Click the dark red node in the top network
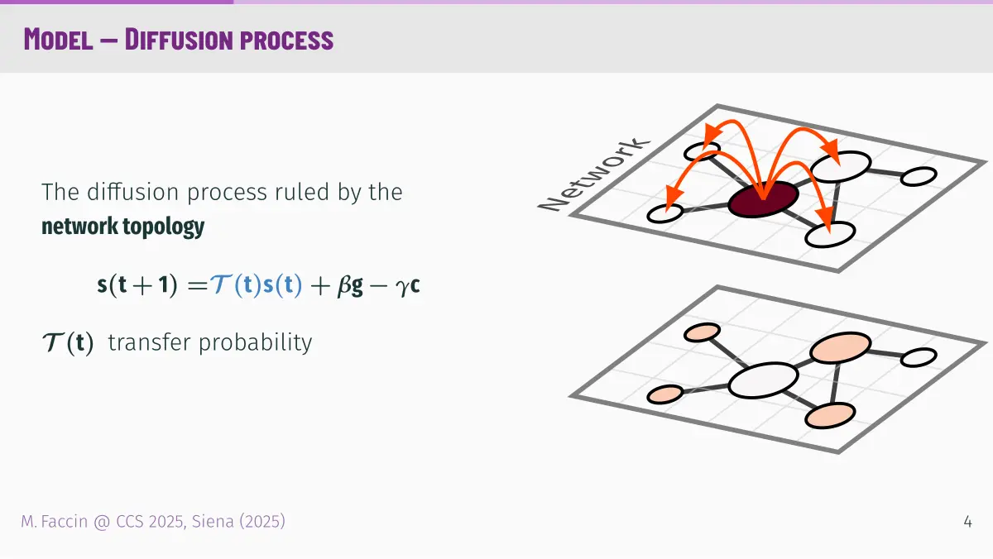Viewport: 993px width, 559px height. tap(763, 199)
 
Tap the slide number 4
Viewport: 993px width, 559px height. tap(967, 522)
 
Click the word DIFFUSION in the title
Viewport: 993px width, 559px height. tap(179, 40)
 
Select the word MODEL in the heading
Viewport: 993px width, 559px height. tap(58, 40)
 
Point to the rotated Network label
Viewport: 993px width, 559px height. tap(593, 174)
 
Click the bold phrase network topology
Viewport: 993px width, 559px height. tap(122, 227)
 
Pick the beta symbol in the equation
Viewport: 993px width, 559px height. tap(344, 284)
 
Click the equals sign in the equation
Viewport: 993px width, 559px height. tap(197, 285)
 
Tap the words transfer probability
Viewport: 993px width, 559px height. tap(210, 342)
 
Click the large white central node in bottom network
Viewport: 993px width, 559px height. tap(763, 380)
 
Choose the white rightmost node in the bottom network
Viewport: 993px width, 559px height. tap(919, 357)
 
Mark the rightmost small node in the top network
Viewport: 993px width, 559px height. tap(919, 176)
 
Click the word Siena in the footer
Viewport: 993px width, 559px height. tap(213, 522)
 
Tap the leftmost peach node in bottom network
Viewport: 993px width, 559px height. tap(665, 394)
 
